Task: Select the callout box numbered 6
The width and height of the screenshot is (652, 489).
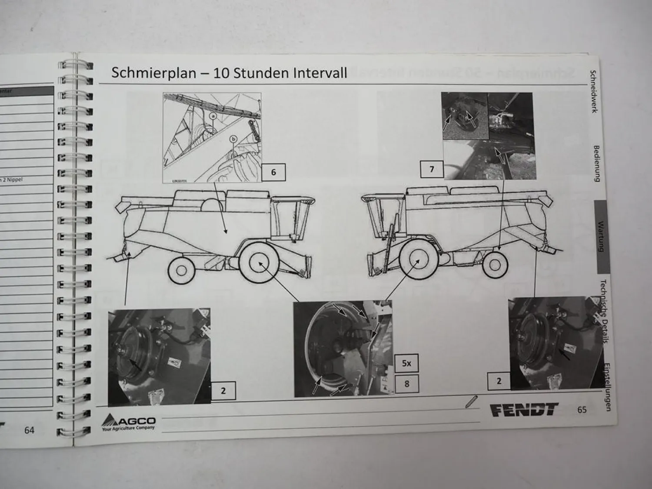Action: pos(273,172)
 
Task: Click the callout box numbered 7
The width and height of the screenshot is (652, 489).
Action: pos(432,169)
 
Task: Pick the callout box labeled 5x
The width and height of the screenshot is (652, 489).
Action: pos(406,363)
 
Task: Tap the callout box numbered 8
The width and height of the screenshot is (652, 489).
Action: pos(406,384)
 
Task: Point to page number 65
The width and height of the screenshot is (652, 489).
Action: pos(582,409)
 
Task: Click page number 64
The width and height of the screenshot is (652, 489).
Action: pos(29,430)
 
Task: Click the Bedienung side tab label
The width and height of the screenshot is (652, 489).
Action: pos(596,163)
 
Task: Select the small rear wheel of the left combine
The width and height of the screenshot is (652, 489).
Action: pos(182,270)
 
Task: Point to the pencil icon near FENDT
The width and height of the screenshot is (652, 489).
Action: pos(470,402)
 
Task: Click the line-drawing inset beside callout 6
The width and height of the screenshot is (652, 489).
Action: pos(212,137)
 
